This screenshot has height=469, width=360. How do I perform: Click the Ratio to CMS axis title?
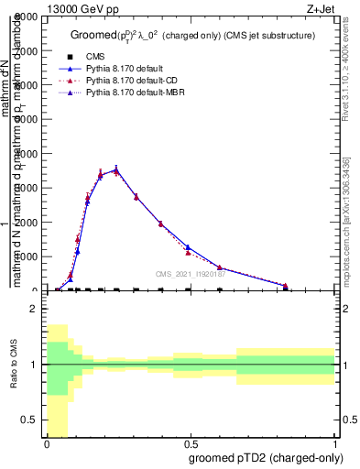pyautogui.click(x=13, y=366)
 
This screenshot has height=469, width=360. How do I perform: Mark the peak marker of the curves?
pyautogui.click(x=116, y=169)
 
